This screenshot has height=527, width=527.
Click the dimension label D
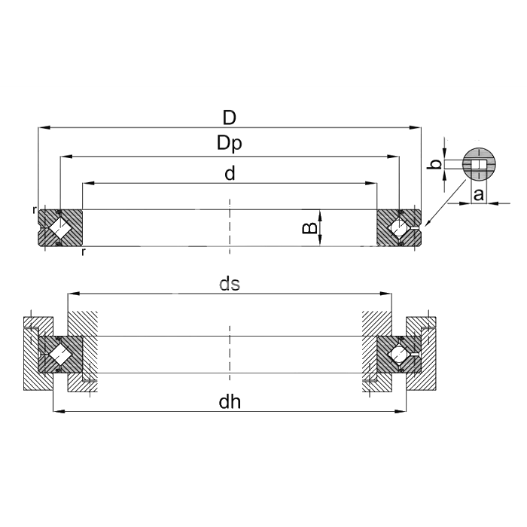point(230,117)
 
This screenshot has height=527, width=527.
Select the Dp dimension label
point(230,144)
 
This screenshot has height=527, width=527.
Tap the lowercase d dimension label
point(230,173)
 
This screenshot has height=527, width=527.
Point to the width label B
point(310,228)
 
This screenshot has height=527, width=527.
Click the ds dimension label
point(230,284)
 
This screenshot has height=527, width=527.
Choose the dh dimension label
point(230,401)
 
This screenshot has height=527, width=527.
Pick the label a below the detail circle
point(479,194)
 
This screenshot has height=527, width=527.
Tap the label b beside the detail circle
point(436,164)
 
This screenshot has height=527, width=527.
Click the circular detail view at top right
point(479,164)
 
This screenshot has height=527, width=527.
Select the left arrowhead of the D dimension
point(44,128)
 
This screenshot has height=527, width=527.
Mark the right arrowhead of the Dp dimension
point(394,157)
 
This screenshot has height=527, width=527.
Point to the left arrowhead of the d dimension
point(88,183)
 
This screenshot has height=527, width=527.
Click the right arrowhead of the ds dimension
point(385,294)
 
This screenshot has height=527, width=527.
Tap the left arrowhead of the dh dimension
point(59,411)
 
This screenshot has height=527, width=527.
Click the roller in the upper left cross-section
point(60,228)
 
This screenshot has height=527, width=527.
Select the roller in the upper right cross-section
point(399,228)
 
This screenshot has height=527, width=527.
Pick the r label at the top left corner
point(34,210)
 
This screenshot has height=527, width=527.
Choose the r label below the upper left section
point(84,252)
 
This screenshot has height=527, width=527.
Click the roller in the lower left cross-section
point(60,355)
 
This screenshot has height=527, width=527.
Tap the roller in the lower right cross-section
point(399,355)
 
